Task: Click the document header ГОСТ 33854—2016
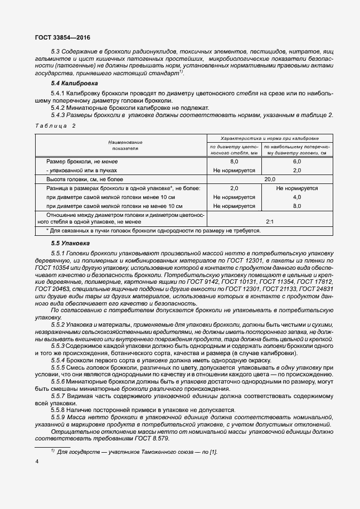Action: pyautogui.click(x=62, y=37)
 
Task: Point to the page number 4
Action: pyautogui.click(x=37, y=462)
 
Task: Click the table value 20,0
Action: pyautogui.click(x=270, y=180)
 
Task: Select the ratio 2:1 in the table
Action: pyautogui.click(x=270, y=221)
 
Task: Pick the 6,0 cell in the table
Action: pyautogui.click(x=297, y=161)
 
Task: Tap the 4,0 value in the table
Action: pyautogui.click(x=297, y=197)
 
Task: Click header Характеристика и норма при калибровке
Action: pyautogui.click(x=270, y=138)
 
